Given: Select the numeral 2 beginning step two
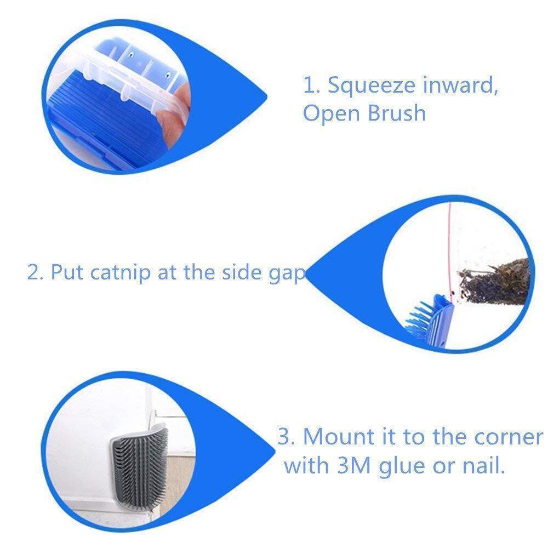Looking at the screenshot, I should [x=33, y=272].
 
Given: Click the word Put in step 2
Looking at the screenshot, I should [x=68, y=272].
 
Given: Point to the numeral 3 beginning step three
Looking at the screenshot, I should [x=284, y=437].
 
